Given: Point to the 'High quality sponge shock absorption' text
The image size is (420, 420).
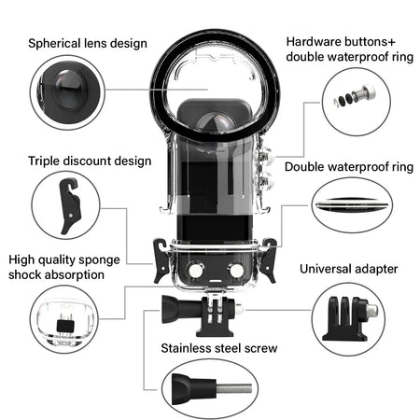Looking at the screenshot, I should tap(69, 267).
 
